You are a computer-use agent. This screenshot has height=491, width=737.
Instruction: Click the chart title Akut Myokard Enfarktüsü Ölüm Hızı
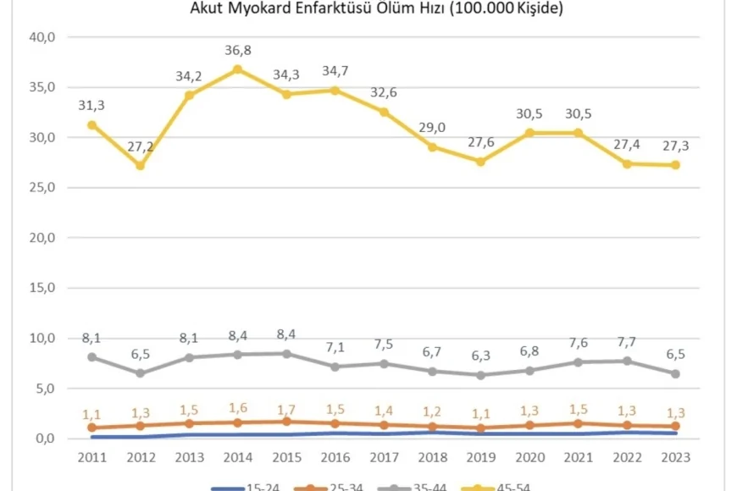(376, 9)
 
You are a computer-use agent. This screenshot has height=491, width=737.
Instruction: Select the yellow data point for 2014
(238, 69)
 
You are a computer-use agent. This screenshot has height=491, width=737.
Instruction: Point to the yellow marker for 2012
(141, 165)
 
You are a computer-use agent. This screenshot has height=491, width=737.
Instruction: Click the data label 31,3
(91, 105)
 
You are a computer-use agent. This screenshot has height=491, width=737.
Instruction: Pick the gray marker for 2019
(481, 375)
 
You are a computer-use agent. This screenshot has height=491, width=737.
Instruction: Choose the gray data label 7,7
(627, 343)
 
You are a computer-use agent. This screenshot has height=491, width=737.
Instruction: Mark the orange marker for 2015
(286, 422)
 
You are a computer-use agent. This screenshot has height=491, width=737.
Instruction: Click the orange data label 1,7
(286, 405)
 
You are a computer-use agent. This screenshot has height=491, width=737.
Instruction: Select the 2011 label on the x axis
(91, 456)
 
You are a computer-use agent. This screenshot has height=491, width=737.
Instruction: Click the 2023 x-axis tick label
(675, 456)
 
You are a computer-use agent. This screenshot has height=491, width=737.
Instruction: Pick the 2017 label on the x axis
(384, 456)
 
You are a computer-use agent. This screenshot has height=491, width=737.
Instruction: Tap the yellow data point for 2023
(675, 165)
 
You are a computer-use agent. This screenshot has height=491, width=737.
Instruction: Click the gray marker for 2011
(91, 357)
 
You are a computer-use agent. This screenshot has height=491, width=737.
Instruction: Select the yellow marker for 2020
(529, 133)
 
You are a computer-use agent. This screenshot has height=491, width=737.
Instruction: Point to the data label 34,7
(335, 71)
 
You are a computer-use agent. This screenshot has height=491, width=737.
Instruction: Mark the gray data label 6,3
(481, 357)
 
